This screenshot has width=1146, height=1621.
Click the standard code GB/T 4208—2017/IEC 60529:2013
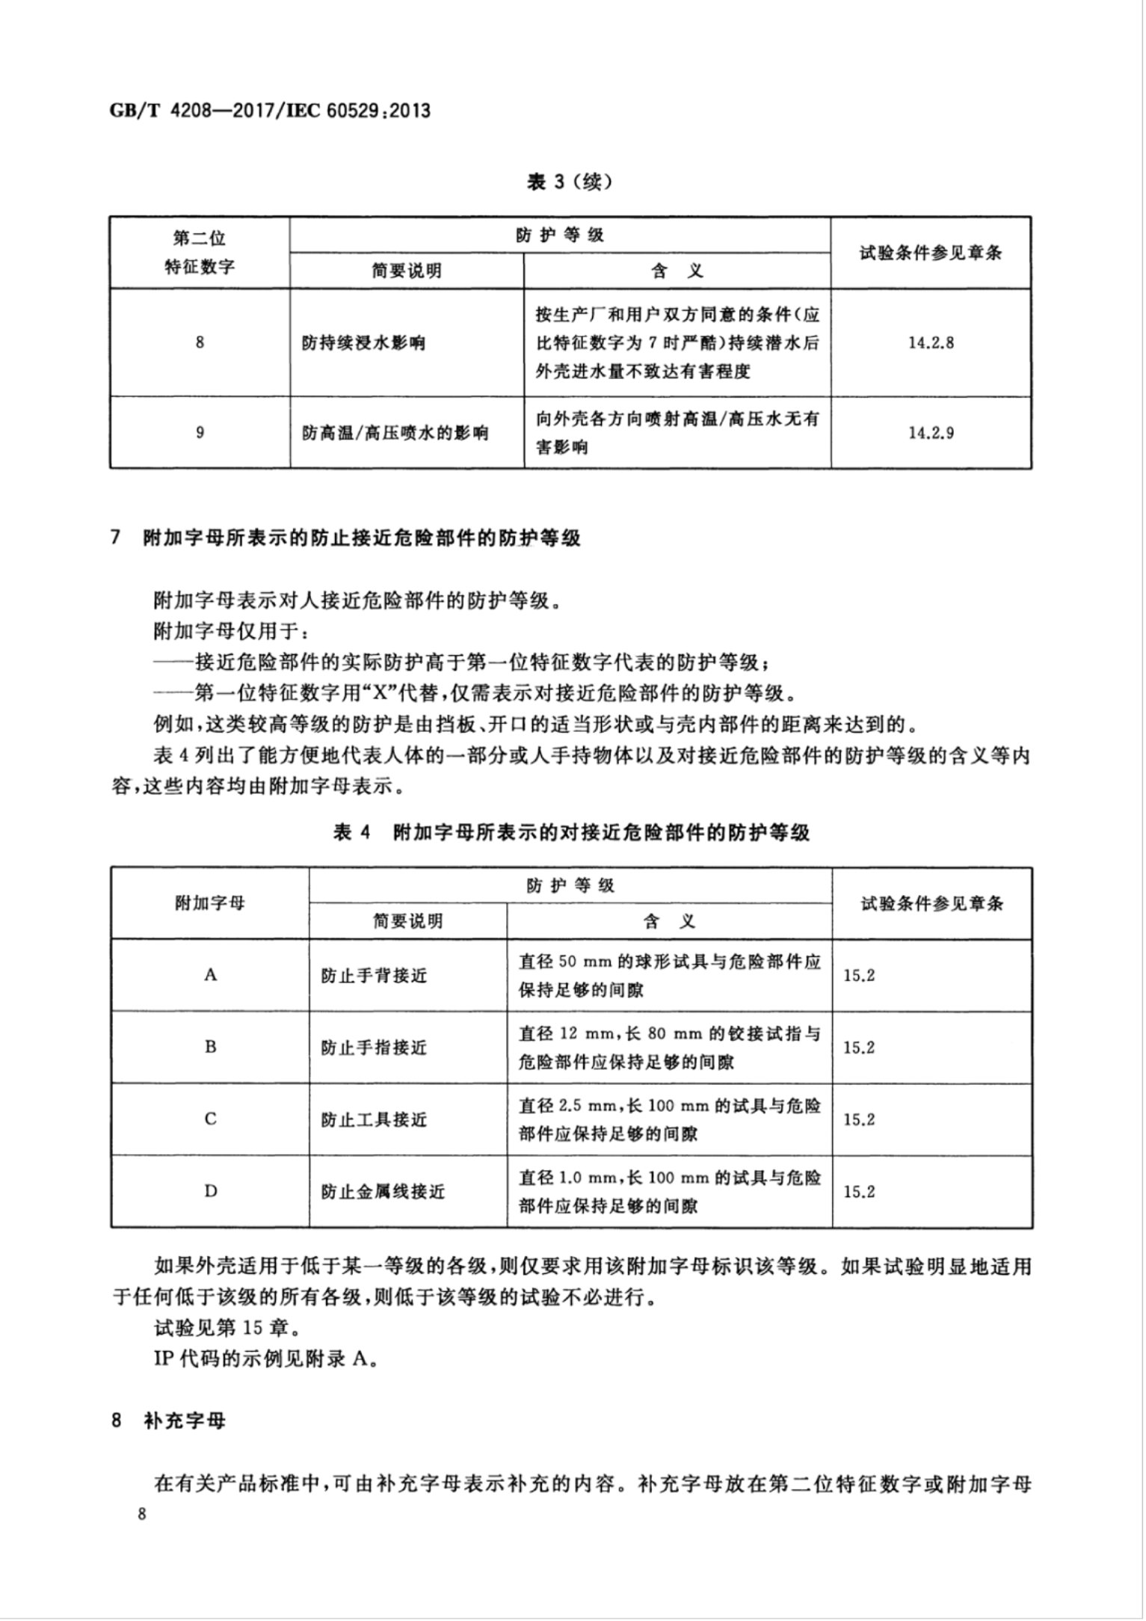271,111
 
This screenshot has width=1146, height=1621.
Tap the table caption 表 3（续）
570,182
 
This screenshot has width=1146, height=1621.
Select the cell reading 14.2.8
931,343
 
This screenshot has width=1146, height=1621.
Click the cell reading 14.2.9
931,432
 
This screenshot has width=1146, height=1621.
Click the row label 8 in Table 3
200,343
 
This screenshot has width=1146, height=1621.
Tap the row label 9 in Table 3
200,432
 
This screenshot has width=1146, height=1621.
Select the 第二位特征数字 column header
200,253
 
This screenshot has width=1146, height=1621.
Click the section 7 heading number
116,538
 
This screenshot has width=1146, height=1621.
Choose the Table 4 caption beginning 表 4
571,833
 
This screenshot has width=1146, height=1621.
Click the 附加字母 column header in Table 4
210,903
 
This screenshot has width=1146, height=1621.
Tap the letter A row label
210,975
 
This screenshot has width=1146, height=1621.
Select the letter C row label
210,1119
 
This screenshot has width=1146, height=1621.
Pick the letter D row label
210,1191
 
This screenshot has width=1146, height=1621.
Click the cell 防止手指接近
374,1048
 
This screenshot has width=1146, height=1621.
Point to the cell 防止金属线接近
383,1191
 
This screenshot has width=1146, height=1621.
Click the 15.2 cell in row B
859,1048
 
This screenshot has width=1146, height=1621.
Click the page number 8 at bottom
141,1515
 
